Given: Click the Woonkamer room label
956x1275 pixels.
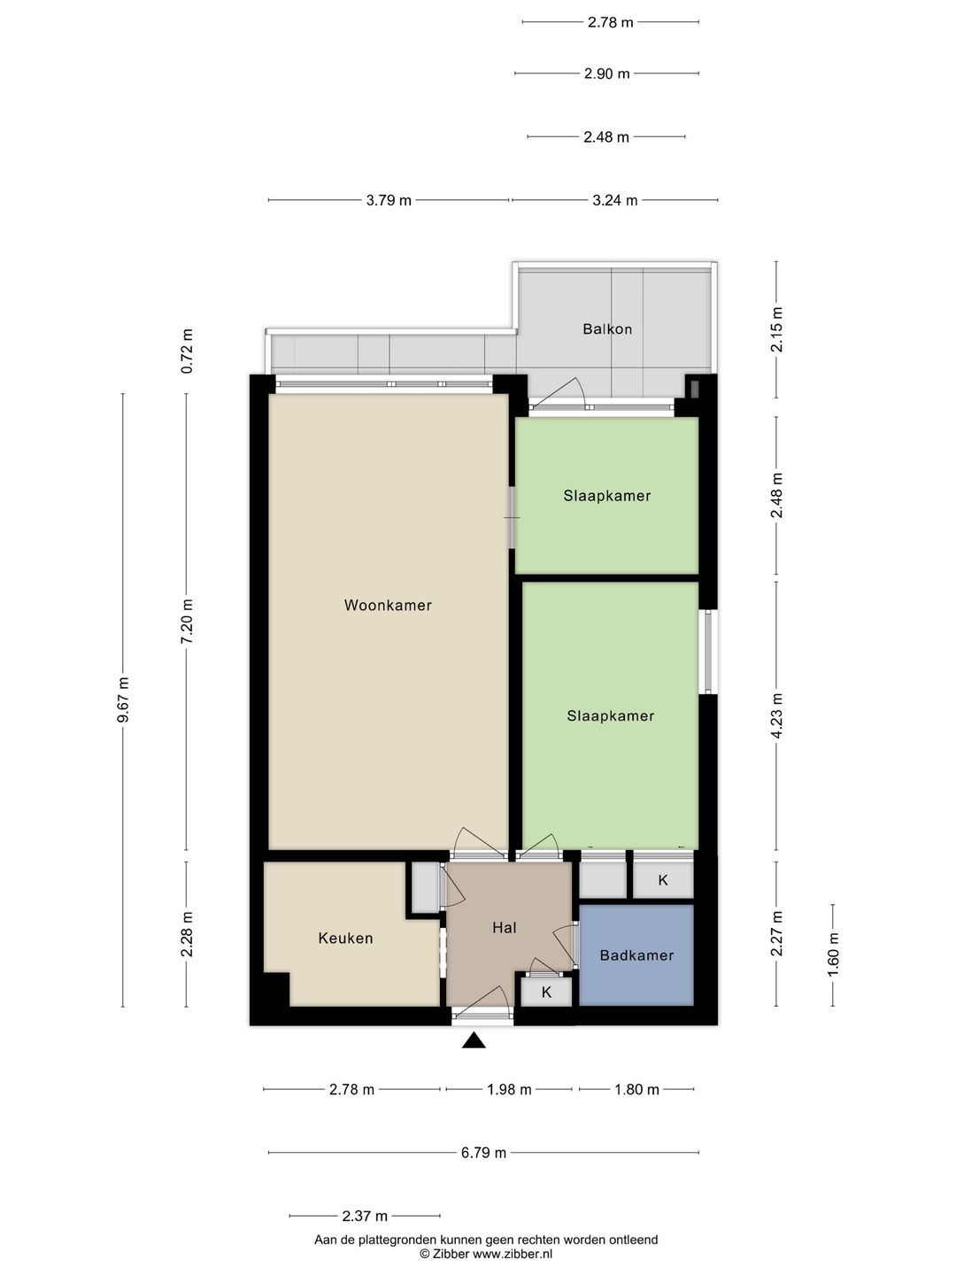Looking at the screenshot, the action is click(x=388, y=606).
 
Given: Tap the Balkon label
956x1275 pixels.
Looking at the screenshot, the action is click(x=607, y=328).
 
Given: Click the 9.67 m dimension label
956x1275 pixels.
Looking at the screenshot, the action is click(x=122, y=699).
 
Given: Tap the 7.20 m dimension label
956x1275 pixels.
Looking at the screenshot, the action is click(x=186, y=621).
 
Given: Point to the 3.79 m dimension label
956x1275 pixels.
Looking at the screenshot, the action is click(x=389, y=200).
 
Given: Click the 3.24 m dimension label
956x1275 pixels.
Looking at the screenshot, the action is click(x=614, y=200).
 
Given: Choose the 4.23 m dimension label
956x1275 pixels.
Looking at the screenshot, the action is click(x=776, y=715).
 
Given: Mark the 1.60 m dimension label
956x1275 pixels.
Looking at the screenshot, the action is click(x=833, y=954).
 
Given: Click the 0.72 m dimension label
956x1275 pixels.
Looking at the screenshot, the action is click(x=186, y=351).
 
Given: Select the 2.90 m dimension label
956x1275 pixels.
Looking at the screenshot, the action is click(x=606, y=73).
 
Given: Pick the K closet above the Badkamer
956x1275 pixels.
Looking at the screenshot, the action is click(x=663, y=880).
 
